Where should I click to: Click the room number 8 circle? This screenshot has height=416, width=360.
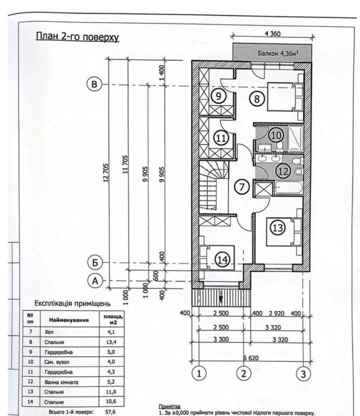pos(257,99)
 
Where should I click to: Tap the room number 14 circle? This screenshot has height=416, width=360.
pos(222,260)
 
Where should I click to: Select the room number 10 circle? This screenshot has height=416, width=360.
pos(276,135)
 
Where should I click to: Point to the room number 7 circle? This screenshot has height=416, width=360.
pos(242,187)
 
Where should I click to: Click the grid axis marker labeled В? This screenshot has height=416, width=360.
pos(94,84)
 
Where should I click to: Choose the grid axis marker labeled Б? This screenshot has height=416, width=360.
pos(95,263)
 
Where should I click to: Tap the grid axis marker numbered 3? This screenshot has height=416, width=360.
pos(304,374)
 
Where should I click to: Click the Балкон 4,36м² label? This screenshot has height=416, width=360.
pos(278,53)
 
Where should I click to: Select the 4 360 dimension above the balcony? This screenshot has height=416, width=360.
pos(272,34)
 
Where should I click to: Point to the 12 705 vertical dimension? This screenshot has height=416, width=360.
pos(106,173)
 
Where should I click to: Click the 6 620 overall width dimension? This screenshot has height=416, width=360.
pos(251,358)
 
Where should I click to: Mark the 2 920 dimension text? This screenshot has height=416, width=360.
pos(276,314)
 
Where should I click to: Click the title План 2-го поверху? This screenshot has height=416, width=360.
pos(77,37)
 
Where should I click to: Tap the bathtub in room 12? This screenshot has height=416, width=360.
pos(289,188)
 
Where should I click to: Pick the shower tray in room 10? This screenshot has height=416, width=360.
pos(295,138)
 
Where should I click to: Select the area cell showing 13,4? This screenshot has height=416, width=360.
pos(111,342)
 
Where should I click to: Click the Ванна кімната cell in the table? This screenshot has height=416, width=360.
pos(61,382)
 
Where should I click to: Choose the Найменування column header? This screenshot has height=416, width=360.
pos(69,320)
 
